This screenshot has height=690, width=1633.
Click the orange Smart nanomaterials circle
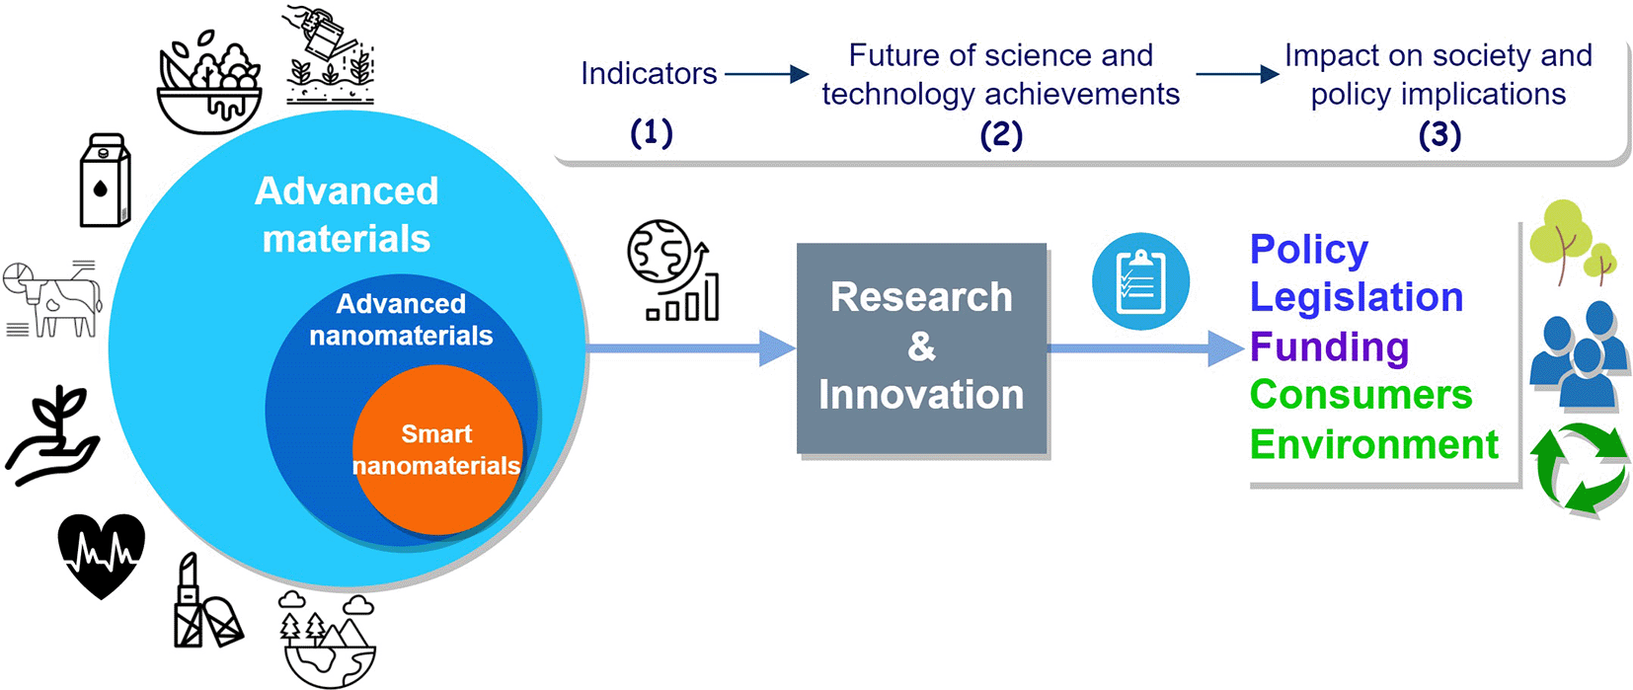tap(437, 449)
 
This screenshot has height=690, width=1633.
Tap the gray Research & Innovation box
tap(921, 347)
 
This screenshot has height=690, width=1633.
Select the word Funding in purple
tap(1329, 346)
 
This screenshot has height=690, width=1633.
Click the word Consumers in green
tap(1361, 395)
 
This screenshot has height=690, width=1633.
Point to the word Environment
tap(1374, 444)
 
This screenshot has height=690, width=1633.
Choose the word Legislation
tap(1357, 297)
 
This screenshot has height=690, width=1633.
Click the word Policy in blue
tap(1309, 250)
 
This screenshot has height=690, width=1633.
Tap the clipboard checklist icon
tap(1141, 281)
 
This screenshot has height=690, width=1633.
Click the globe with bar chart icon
tap(673, 269)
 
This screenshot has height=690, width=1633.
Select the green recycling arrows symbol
tap(1579, 470)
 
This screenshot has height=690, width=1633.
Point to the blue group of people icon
tap(1579, 353)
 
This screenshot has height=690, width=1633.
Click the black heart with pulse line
tap(102, 556)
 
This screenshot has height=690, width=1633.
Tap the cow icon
tap(52, 299)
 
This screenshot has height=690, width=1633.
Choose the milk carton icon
tap(105, 180)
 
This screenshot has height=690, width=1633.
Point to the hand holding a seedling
tap(52, 435)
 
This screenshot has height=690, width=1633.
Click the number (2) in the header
tap(1001, 135)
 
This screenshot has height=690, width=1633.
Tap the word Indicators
tap(649, 74)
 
